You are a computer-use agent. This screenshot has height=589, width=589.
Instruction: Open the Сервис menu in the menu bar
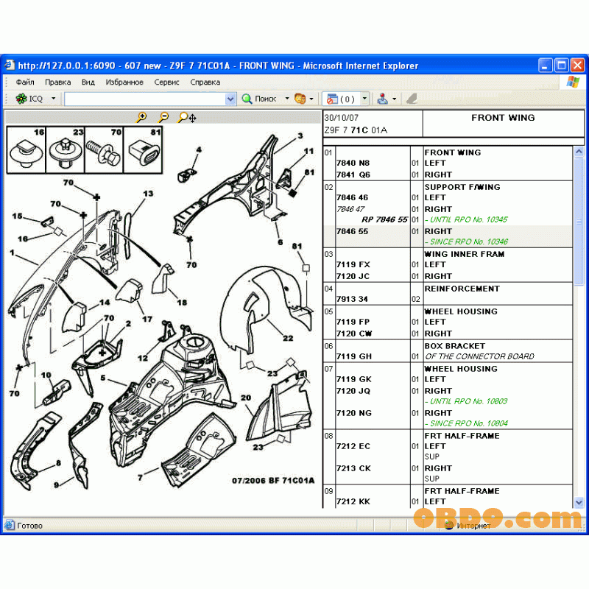[x=166, y=82]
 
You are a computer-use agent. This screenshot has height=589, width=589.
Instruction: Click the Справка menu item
[x=205, y=82]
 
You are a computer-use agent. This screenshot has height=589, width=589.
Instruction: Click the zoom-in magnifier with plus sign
[x=142, y=117]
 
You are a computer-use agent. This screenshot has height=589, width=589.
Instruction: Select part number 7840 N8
[x=353, y=163]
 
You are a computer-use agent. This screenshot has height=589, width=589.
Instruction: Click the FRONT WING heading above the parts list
[x=503, y=118]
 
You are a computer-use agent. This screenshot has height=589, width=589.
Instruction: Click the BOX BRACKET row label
[x=454, y=346]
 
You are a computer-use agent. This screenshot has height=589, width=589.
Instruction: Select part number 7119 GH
[x=353, y=356]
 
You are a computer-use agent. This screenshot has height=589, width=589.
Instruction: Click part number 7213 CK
[x=353, y=468]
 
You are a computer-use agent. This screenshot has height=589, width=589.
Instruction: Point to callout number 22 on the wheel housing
[x=288, y=338]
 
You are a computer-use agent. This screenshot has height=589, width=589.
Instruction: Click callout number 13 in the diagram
[x=148, y=194]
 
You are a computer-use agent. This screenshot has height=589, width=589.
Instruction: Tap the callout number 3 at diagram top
[x=300, y=136]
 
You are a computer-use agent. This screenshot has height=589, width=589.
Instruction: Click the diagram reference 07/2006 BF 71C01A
[x=273, y=480]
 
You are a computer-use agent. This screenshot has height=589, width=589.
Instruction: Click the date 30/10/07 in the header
[x=342, y=118]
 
